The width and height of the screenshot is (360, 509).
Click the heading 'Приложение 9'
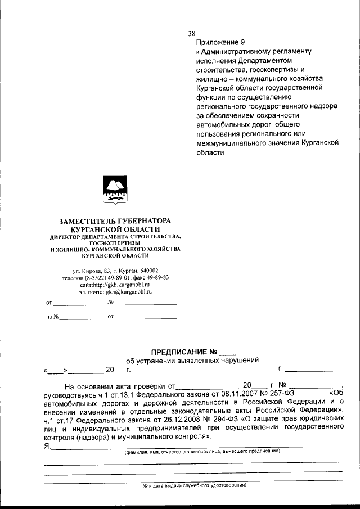click(x=220, y=42)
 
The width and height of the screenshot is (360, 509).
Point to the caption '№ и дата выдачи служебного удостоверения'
click(x=194, y=485)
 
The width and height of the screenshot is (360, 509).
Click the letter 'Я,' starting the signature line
click(x=47, y=446)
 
